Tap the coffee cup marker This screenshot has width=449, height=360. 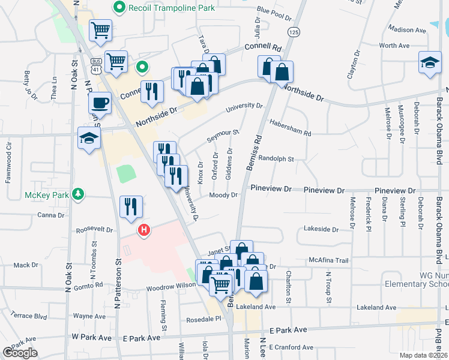click(x=100, y=103)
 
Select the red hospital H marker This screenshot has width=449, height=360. click(x=144, y=230)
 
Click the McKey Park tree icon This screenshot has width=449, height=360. click(x=77, y=194)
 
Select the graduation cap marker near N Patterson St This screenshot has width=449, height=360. click(x=89, y=139)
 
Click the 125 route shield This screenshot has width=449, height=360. click(x=293, y=32)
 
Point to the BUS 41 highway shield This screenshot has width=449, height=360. click(x=95, y=63)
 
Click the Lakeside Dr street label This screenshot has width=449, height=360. click(x=321, y=229)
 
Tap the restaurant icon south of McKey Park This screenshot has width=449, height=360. click(x=131, y=207)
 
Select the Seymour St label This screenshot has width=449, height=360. click(x=223, y=136)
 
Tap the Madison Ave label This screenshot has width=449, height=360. click(x=406, y=29)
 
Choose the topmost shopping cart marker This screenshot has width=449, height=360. click(x=100, y=30)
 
